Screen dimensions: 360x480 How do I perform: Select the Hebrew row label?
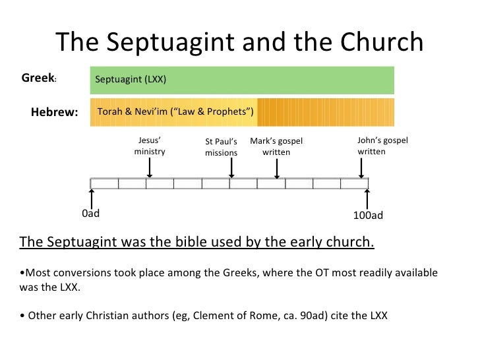coord(54,112)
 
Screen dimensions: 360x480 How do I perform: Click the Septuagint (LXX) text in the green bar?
coord(131,80)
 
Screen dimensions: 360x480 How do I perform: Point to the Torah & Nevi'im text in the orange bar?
coord(176,112)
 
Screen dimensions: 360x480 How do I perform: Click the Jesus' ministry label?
coord(150,146)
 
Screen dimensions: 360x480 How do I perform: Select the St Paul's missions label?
coord(221,147)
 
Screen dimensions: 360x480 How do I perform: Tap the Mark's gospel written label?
coord(276,146)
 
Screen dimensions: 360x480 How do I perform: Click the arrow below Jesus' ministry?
coord(150,167)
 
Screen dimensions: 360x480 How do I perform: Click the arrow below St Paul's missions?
coord(231,167)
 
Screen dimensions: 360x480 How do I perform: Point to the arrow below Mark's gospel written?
coord(277,167)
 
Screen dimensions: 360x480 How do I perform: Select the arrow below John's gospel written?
coord(361,167)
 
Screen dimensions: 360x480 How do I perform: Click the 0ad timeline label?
coord(90,214)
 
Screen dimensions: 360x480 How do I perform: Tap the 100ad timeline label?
coord(369,216)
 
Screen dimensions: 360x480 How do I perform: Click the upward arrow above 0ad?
coord(92,198)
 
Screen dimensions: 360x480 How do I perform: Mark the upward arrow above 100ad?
coord(367,198)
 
